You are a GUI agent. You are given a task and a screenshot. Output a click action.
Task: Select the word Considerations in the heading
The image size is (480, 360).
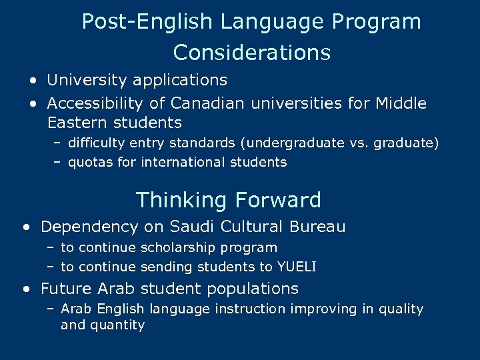point(251,52)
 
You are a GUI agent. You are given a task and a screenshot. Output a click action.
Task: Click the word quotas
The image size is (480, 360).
point(90,162)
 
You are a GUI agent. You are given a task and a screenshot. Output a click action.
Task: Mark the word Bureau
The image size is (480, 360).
point(317,227)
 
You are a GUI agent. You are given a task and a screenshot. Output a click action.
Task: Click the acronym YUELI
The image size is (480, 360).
point(297,267)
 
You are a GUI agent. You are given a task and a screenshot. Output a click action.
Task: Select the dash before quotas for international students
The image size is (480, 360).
point(58,162)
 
